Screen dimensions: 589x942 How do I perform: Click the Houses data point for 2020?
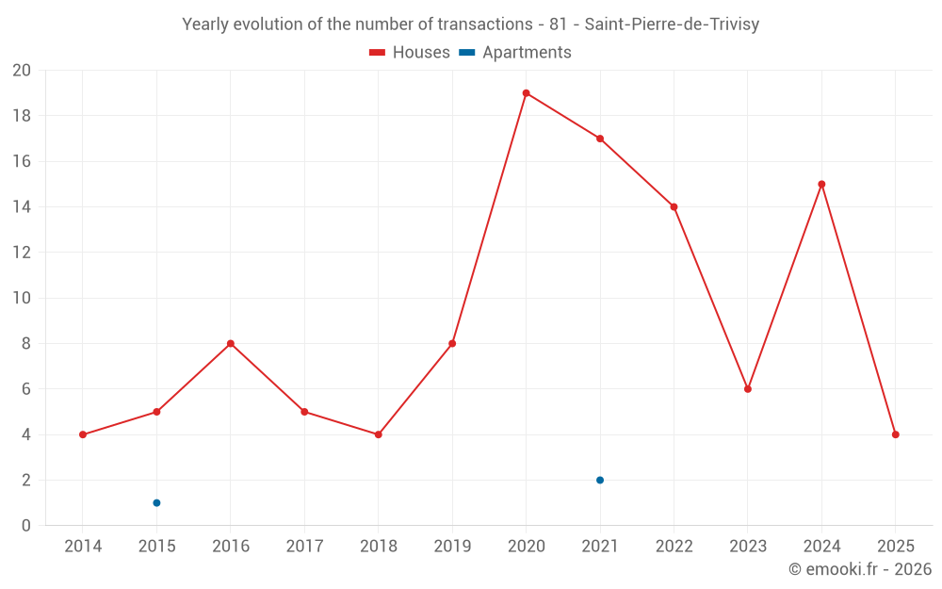pos(526,93)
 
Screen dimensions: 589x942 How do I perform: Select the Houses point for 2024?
pos(821,184)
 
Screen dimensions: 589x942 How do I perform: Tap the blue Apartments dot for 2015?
pos(156,502)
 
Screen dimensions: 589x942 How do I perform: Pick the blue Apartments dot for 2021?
pos(600,480)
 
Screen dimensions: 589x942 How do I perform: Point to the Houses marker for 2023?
pos(748,389)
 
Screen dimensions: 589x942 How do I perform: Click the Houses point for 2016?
pos(230,343)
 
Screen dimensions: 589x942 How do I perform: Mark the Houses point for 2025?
pos(895,434)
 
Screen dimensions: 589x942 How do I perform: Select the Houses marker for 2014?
pos(83,434)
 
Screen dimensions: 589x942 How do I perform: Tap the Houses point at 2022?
pos(674,206)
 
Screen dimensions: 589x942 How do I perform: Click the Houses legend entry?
pos(410,53)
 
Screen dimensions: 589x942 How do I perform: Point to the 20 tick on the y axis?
pos(22,71)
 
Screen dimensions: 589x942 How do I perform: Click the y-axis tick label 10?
pos(22,298)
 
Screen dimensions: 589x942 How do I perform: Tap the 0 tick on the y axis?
pos(26,525)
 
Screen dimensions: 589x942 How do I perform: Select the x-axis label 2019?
pos(452,547)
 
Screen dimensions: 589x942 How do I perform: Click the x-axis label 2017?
pos(304,547)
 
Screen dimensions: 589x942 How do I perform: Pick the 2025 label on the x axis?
pos(895,547)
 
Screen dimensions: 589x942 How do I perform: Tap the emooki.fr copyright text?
pos(859,569)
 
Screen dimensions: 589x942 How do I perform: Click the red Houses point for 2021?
pos(600,139)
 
